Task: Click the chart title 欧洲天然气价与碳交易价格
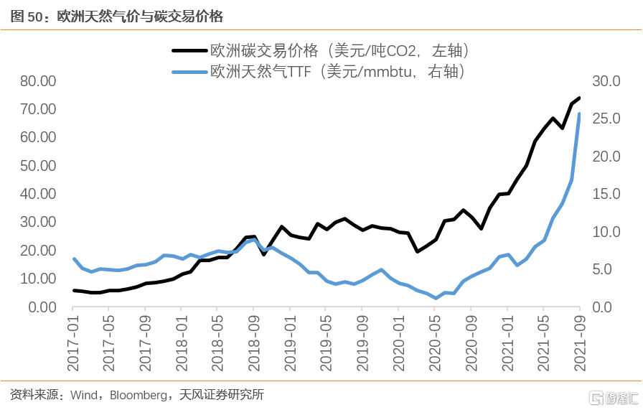point(136,16)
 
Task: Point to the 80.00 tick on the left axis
point(38,81)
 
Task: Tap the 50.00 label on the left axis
point(38,166)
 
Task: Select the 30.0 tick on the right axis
point(605,81)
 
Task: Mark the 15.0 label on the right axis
point(605,194)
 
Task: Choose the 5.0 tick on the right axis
point(609,270)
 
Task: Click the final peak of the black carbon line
point(580,98)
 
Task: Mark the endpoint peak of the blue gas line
point(580,113)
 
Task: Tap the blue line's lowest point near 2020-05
point(436,298)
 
